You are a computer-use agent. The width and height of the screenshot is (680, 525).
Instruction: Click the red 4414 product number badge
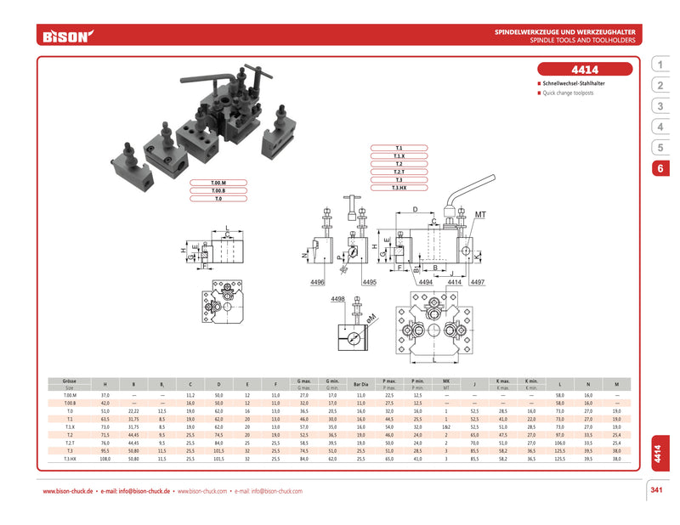point(585,70)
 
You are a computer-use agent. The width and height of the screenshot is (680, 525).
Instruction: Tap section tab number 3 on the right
point(660,106)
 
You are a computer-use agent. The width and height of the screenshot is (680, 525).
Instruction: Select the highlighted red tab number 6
point(660,168)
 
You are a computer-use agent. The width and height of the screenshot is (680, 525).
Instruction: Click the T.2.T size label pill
point(398,172)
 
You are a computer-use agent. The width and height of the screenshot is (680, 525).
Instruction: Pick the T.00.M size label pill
point(218,183)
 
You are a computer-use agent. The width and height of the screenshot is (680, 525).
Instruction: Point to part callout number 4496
point(319,281)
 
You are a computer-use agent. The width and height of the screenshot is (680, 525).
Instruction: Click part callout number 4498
point(337,299)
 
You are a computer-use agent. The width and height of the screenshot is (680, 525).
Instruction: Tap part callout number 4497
point(477,281)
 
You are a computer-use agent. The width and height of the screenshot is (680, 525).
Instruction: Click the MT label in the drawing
point(480,215)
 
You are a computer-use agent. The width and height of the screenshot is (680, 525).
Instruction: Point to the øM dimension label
point(371,318)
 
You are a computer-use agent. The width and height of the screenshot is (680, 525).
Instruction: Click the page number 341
point(655,489)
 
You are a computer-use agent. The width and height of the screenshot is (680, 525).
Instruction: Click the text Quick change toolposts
point(568,93)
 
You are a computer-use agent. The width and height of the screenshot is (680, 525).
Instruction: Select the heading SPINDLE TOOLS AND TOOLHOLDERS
point(587,40)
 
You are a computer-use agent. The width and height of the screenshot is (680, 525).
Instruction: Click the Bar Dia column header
point(361,385)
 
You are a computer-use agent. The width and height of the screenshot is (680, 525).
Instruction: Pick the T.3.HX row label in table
point(70,458)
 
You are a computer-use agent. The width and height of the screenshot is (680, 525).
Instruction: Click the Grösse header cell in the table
point(70,381)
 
